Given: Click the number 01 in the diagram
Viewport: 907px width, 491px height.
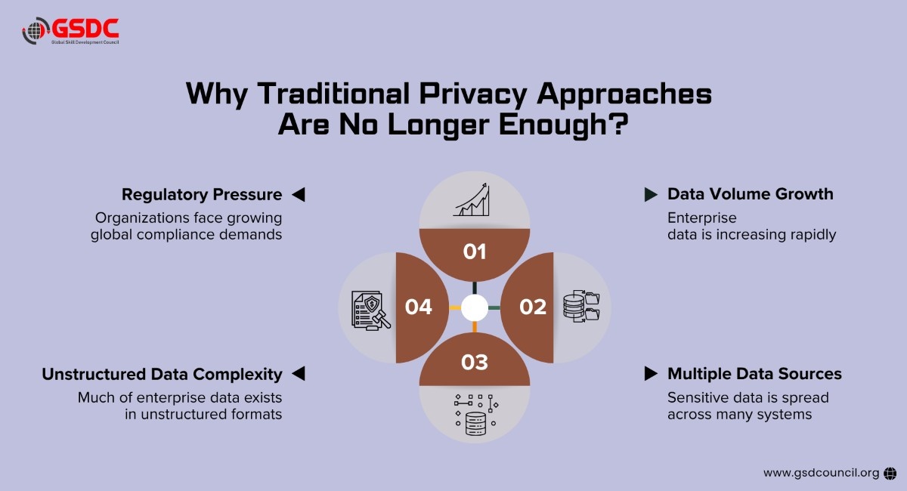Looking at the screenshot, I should click(475, 252).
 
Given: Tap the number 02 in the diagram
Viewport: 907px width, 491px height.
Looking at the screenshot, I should click(532, 307).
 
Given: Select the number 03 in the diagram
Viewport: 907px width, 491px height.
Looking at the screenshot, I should click(475, 363).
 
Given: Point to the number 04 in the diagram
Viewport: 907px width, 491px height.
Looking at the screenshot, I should click(418, 307).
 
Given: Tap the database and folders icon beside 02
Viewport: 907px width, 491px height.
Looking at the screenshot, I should click(580, 307).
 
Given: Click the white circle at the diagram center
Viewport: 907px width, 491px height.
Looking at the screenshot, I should click(475, 307).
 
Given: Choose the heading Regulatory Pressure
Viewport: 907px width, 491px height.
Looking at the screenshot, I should click(202, 195).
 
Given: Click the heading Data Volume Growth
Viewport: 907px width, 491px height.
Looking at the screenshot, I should click(750, 194).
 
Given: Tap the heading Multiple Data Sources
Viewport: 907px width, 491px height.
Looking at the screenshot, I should click(754, 374).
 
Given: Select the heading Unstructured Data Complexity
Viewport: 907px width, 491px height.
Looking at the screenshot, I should click(162, 374).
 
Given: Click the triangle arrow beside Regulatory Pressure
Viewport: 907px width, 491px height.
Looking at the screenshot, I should click(298, 195).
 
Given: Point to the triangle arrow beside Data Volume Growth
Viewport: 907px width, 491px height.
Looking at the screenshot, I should click(650, 195).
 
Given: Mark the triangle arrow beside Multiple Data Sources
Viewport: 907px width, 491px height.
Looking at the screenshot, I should click(650, 374).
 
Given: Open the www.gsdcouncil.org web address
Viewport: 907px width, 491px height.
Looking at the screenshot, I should click(821, 473).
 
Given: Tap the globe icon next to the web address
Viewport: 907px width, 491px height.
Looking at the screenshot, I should click(890, 473).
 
